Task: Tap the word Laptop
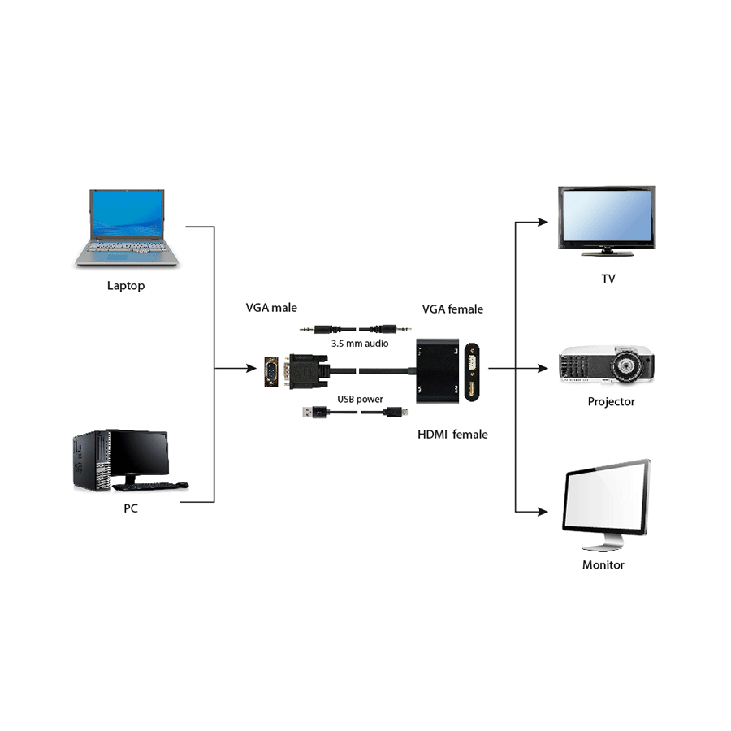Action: click(126, 286)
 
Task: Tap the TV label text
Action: click(608, 279)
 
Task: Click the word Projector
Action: click(611, 402)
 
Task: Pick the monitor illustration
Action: click(606, 504)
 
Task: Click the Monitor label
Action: click(603, 564)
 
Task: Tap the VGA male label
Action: click(271, 308)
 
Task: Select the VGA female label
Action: click(452, 309)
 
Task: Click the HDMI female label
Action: click(452, 435)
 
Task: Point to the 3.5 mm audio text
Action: click(359, 344)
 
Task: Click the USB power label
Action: click(360, 400)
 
